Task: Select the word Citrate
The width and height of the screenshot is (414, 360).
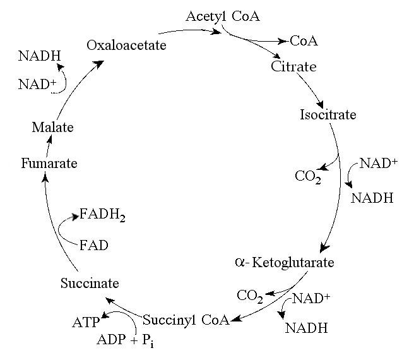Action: tap(293, 66)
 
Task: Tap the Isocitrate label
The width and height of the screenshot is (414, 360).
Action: tap(328, 115)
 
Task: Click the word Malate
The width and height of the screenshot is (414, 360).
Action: tap(52, 128)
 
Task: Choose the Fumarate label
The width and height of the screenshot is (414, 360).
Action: tap(49, 164)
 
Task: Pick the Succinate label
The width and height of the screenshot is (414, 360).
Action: tap(90, 283)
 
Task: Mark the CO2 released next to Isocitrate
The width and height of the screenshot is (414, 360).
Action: tap(308, 176)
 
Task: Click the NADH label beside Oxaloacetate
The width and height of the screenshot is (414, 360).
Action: tap(39, 56)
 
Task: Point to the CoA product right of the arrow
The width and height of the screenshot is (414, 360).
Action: tap(304, 42)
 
